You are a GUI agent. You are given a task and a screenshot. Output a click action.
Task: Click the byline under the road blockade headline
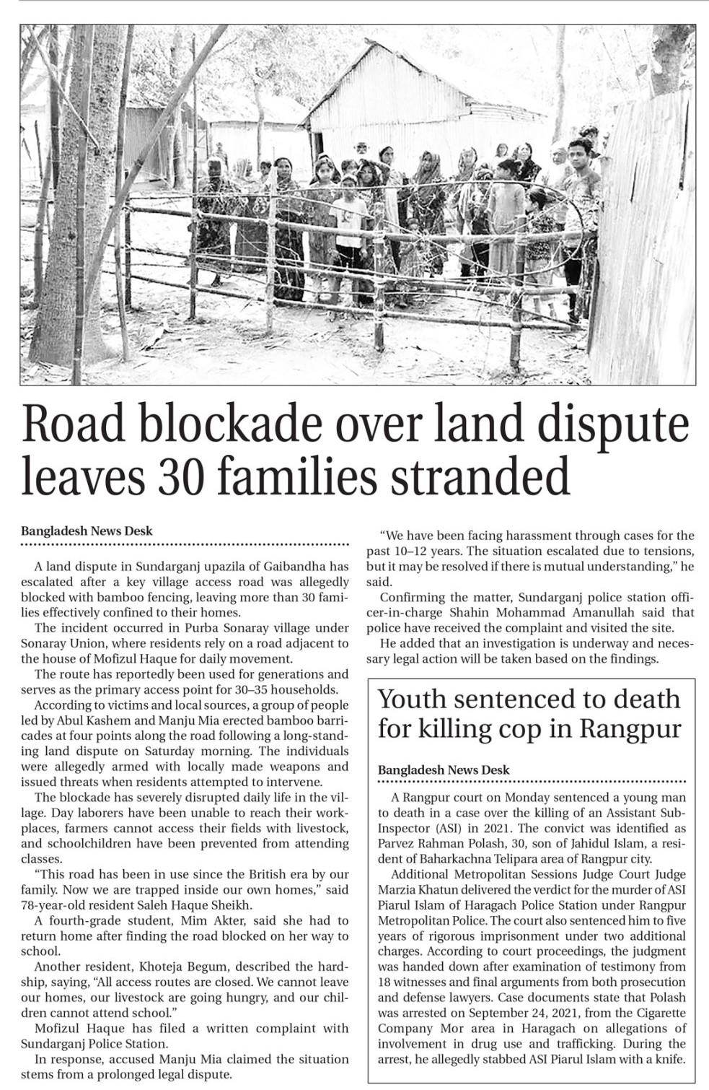pyautogui.click(x=87, y=531)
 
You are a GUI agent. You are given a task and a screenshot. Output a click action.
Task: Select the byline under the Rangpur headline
pyautogui.click(x=444, y=770)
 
